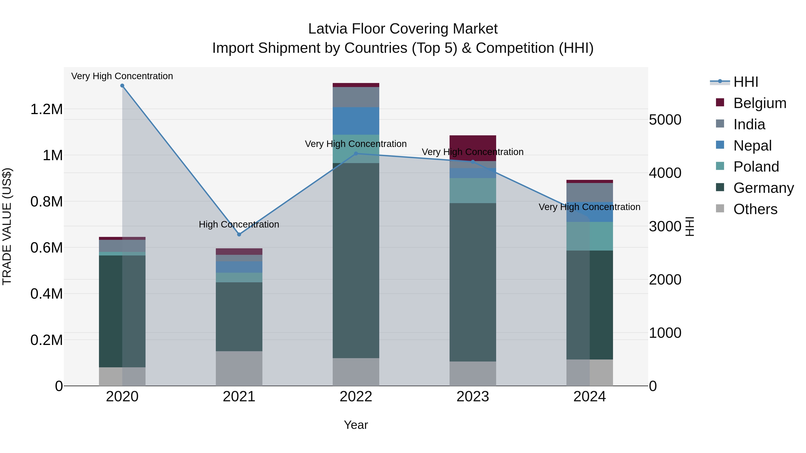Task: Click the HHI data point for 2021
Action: [x=239, y=234]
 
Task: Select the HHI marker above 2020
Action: [x=122, y=86]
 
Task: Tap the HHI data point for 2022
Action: [x=356, y=153]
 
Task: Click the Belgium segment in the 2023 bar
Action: [x=473, y=148]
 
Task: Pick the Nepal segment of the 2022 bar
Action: [x=356, y=121]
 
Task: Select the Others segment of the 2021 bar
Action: [x=239, y=368]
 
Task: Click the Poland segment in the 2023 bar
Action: [x=473, y=191]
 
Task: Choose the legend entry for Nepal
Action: [x=752, y=146]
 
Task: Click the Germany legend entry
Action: [x=763, y=188]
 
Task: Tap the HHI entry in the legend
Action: [x=745, y=82]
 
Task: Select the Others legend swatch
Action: [x=720, y=208]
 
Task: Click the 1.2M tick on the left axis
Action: [x=46, y=109]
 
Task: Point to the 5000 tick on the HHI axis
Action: [x=665, y=120]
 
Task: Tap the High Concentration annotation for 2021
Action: [x=239, y=224]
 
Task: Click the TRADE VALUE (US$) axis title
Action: [x=7, y=226]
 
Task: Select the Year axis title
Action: [x=356, y=425]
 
